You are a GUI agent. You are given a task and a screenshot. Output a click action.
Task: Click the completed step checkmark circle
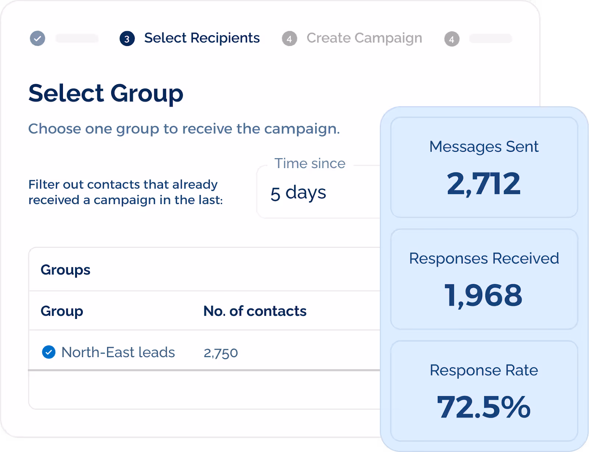coord(38,38)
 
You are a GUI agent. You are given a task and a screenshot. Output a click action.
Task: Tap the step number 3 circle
coord(127,39)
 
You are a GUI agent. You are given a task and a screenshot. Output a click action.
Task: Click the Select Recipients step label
coord(202,38)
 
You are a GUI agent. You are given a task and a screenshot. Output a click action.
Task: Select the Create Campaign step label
coord(364,38)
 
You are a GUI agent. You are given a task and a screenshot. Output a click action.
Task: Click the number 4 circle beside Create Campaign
coord(289,39)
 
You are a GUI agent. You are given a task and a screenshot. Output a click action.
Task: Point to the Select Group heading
coord(106,93)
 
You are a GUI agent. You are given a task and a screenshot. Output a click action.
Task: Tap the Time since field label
coord(310,163)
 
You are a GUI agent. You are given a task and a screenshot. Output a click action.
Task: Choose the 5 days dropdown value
coord(298,193)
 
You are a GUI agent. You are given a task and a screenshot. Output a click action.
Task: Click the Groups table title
coord(65,270)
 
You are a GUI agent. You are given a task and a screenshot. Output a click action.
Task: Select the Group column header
coord(61,311)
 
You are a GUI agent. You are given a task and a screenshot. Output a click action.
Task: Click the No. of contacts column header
coord(255,311)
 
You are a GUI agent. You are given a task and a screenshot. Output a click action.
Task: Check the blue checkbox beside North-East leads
coord(49,352)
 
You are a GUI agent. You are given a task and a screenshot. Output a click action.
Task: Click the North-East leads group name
coord(118,352)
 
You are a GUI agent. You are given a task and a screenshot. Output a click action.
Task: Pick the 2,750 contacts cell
coord(221,353)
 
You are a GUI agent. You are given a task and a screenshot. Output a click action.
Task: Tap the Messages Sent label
coord(484,147)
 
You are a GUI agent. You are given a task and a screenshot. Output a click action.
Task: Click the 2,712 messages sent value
coord(484,184)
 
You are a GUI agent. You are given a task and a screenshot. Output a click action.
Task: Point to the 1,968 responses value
coord(483,295)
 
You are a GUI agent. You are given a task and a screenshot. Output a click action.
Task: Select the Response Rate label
coord(484,370)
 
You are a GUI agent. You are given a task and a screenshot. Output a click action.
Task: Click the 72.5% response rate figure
coord(483,407)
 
